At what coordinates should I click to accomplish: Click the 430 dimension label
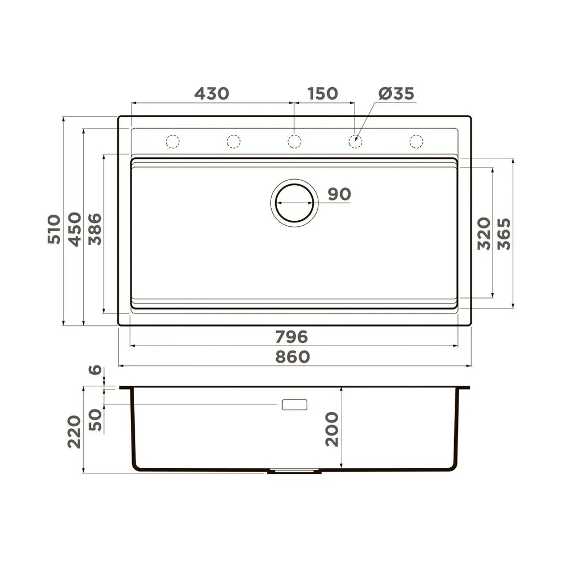[x=211, y=93]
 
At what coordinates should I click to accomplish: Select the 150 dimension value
[x=323, y=93]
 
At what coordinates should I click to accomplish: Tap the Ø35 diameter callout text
[x=396, y=93]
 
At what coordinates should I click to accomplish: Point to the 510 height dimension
[x=54, y=230]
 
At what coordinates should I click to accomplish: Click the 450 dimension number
[x=75, y=230]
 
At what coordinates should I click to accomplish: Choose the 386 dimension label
[x=95, y=230]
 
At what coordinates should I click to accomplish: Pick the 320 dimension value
[x=484, y=233]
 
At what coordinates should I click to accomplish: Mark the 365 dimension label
[x=504, y=234]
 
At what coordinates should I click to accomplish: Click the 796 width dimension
[x=291, y=337]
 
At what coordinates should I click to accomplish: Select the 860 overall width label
[x=293, y=357]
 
